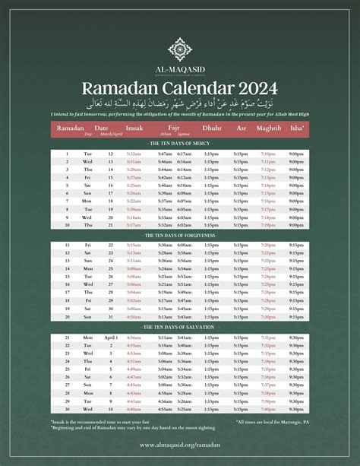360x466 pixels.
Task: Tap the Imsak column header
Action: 134,128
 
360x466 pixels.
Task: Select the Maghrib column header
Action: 268,128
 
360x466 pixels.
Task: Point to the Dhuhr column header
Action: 211,128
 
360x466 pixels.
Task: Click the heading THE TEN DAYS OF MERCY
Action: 180,143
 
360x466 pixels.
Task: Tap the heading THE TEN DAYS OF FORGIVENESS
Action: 180,236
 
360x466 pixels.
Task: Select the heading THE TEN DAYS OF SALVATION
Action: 180,328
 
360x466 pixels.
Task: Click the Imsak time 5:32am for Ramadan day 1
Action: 134,154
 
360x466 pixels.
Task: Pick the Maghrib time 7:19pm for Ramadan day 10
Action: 268,225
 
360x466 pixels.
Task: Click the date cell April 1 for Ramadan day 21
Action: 111,338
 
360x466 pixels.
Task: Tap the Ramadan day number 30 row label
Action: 67,409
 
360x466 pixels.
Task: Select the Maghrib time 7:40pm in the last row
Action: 268,409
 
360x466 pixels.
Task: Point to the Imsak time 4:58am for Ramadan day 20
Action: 134,317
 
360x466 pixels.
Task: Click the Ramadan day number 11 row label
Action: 67,246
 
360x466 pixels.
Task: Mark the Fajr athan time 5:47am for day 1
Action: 165,154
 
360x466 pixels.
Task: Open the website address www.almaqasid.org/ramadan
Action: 180,445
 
